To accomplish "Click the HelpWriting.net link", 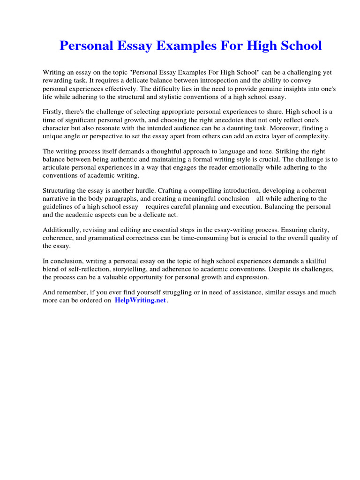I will (140, 300).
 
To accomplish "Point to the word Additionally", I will (62, 230).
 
